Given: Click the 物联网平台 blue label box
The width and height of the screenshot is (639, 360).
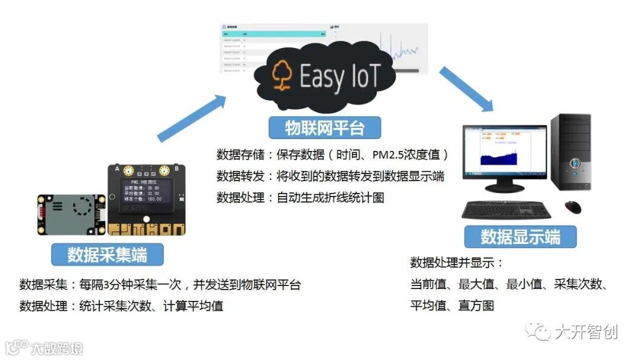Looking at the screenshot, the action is pos(324,128).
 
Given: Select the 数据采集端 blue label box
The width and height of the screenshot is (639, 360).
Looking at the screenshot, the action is pos(107,255).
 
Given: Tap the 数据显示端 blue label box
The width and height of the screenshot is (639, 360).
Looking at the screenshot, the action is pos(520,237).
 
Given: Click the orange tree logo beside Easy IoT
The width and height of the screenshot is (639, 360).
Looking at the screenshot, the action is pos(282,76).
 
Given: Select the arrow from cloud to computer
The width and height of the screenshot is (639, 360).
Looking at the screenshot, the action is pos(466,88).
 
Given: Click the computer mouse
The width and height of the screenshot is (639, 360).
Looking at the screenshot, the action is pos(572,207).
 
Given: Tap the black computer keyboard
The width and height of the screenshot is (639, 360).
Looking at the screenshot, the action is pos(506,209).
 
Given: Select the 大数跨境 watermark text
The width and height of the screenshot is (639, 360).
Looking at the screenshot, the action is pos(57,348).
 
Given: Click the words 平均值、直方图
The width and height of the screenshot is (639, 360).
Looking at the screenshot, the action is pos(452,306).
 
